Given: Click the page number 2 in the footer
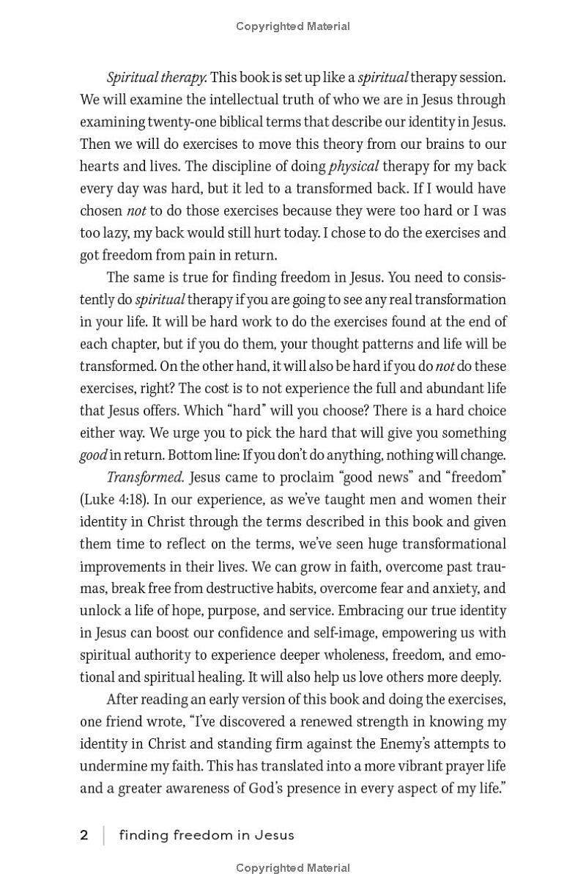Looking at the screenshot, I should click(x=84, y=835).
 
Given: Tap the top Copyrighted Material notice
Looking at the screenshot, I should click(x=293, y=26).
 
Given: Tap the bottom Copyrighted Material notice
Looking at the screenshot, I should click(x=293, y=868).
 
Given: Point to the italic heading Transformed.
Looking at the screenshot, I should click(x=145, y=477).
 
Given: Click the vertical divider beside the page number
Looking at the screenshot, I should click(x=103, y=835).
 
